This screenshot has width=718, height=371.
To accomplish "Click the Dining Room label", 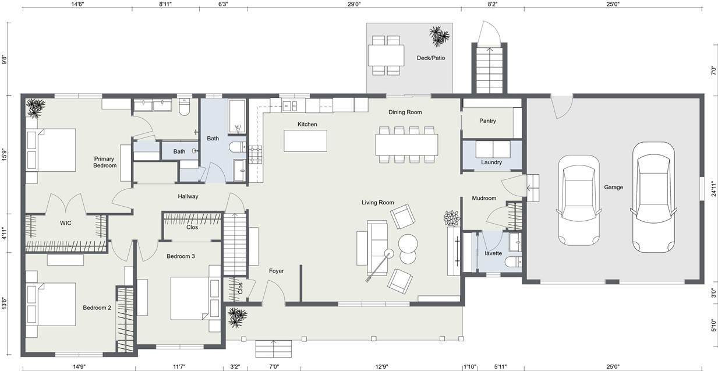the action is [405, 112].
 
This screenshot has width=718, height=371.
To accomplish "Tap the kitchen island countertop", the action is [306, 140].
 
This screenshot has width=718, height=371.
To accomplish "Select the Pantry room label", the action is [487, 121].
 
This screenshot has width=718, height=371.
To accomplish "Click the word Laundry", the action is [491, 162].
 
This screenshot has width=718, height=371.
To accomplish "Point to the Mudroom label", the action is [484, 198].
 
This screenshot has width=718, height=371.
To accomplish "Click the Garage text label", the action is [614, 188].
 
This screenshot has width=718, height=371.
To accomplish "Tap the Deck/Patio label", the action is [431, 58].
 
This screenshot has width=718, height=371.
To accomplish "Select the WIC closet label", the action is [66, 223].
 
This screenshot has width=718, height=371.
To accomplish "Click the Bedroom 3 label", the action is [181, 256].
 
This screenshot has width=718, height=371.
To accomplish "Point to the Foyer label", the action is [276, 271].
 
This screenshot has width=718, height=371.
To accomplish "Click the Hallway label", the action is [188, 196].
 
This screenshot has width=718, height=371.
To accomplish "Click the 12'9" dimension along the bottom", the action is [381, 366].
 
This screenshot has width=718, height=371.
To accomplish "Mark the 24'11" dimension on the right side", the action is [713, 189].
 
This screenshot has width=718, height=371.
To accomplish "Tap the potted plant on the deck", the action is [439, 36].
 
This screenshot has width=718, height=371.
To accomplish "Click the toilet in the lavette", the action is [513, 262].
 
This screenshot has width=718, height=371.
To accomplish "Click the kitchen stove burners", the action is [256, 154].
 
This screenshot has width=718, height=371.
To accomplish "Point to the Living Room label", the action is [377, 203].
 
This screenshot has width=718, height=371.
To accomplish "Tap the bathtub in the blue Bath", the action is [237, 116].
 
